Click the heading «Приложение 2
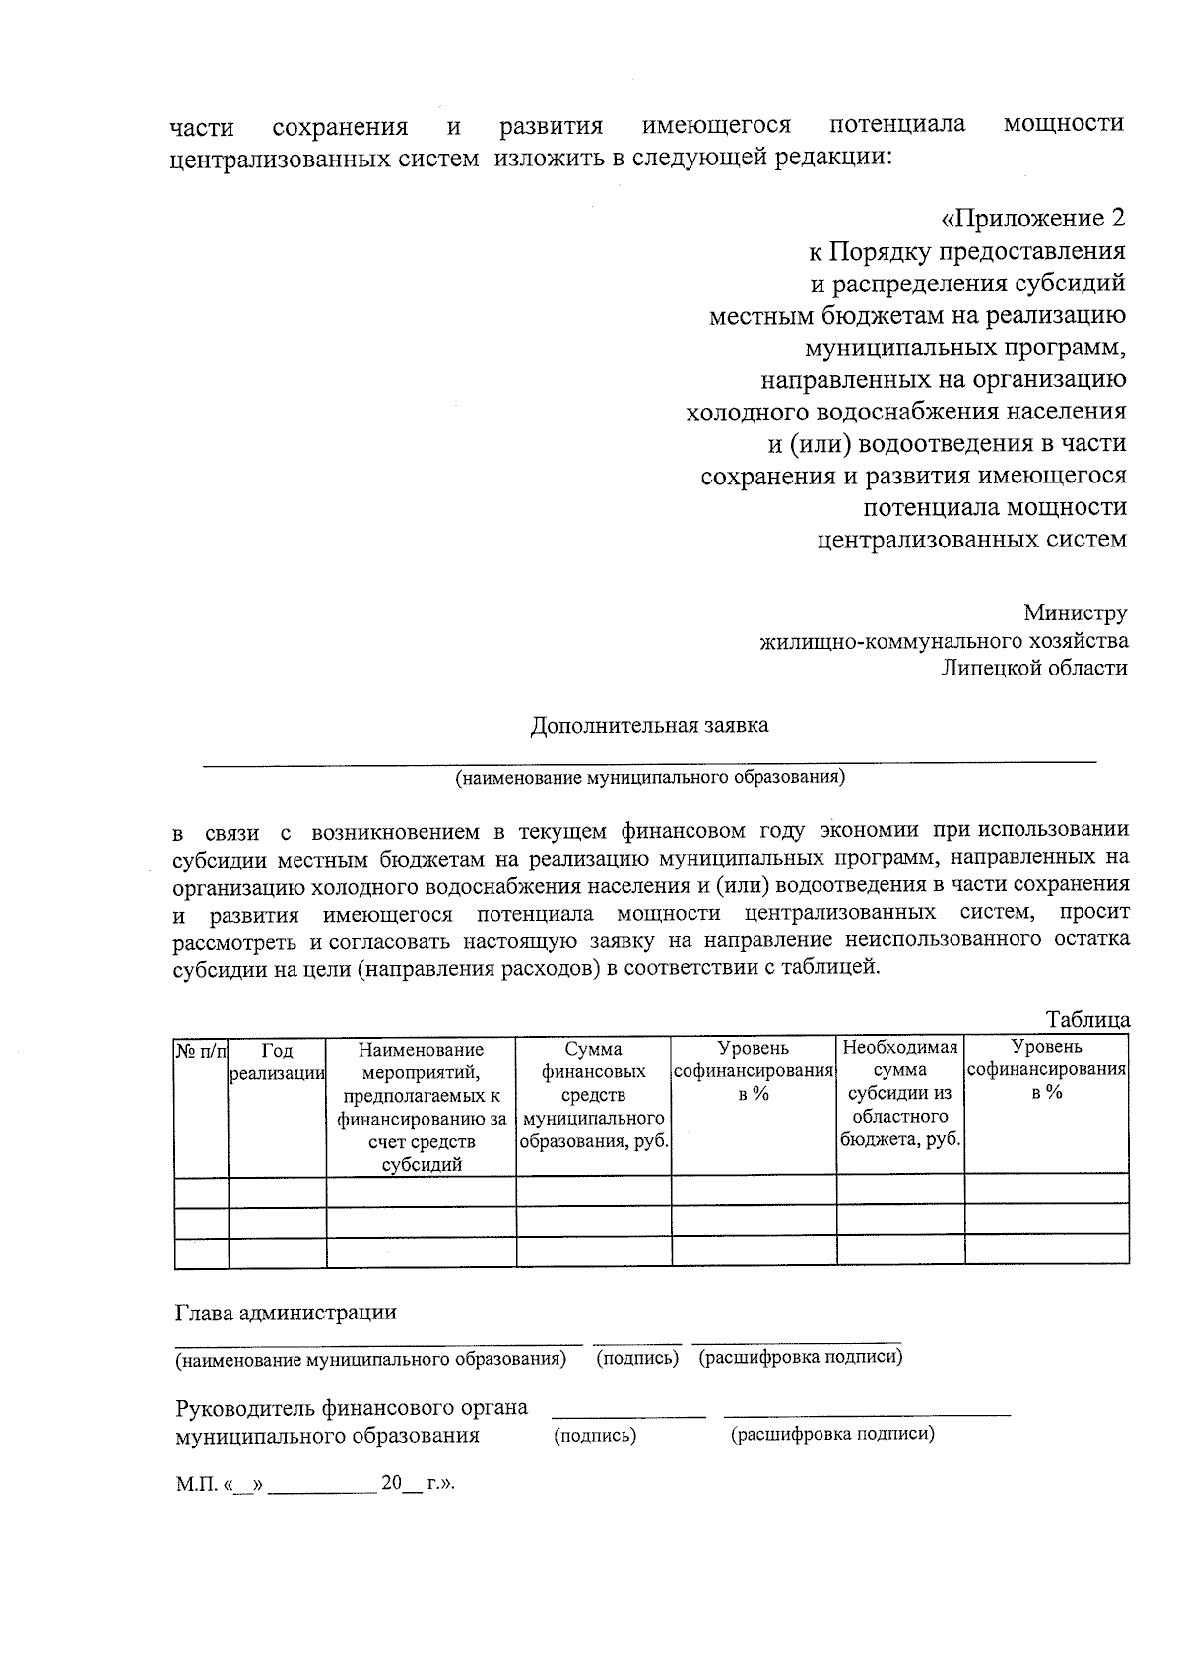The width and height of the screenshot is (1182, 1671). coord(1033,219)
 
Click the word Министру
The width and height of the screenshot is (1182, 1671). coord(1075,613)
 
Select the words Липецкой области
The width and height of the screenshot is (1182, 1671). coord(1033,668)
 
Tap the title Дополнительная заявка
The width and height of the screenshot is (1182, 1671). coord(649,726)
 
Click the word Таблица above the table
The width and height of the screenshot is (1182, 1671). coord(1087,1020)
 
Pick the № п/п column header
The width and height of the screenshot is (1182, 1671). coord(201,1052)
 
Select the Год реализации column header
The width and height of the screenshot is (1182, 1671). coord(277,1062)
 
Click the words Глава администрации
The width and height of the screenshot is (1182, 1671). coord(286,1313)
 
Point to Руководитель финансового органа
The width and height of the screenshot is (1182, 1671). coord(351,1408)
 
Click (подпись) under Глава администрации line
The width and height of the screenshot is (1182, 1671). coord(637,1359)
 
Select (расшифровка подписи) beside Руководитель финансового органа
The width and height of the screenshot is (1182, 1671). coord(831,1434)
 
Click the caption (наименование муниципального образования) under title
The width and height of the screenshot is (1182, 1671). coord(649,777)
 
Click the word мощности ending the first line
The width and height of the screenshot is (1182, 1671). coord(1063,124)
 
